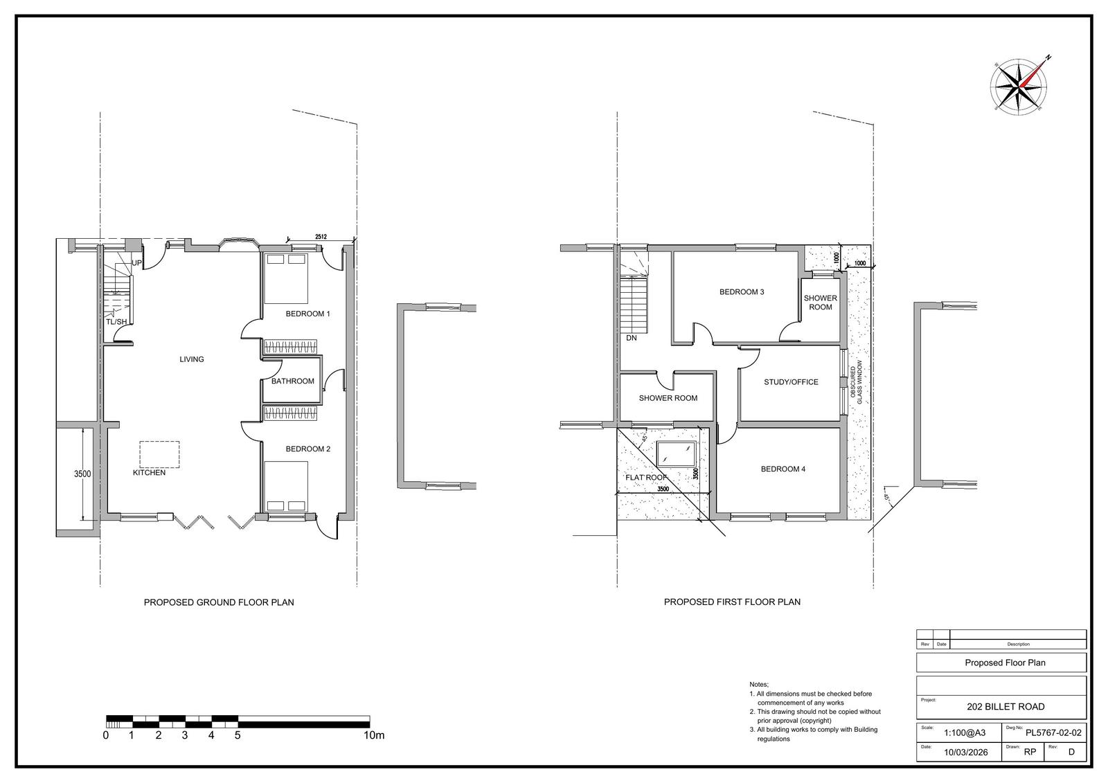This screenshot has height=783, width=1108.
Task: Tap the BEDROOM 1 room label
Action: click(307, 314)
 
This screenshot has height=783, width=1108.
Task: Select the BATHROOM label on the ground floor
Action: click(292, 381)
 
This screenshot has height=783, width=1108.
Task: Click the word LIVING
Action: click(191, 359)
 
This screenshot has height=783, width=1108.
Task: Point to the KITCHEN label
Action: click(149, 472)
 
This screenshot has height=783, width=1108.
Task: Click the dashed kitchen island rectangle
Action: click(159, 454)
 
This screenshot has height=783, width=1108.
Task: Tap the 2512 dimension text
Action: click(321, 237)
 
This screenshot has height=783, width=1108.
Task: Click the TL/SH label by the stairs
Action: click(116, 321)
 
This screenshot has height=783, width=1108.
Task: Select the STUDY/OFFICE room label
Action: click(791, 382)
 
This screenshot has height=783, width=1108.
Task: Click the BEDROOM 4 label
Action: click(783, 469)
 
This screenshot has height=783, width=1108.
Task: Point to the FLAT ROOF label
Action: click(646, 477)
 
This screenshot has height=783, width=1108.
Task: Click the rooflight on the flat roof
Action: click(676, 453)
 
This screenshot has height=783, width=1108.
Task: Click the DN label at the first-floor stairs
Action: click(631, 339)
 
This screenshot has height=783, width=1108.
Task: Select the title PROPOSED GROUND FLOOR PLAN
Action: click(219, 602)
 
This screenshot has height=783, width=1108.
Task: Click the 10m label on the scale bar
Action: click(374, 735)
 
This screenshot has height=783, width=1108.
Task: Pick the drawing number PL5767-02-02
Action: click(1053, 732)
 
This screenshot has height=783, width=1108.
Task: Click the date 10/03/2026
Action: click(965, 753)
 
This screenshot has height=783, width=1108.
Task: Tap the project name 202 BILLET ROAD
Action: click(1006, 706)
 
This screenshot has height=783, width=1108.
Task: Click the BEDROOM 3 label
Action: click(742, 292)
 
